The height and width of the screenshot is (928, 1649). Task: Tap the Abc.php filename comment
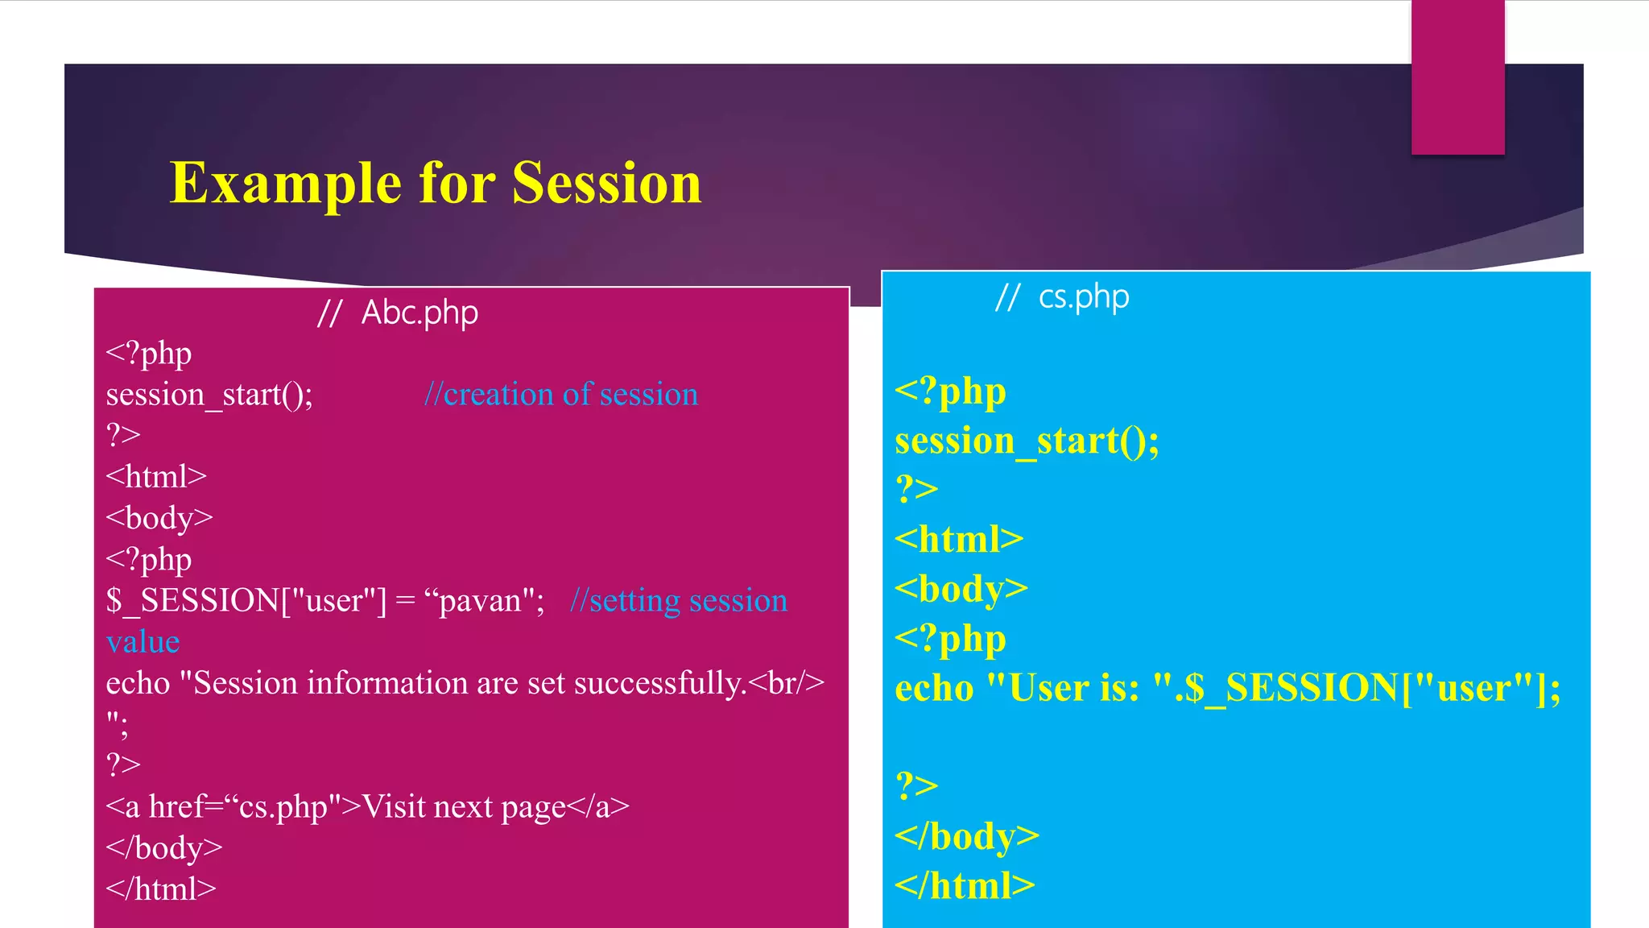(x=419, y=313)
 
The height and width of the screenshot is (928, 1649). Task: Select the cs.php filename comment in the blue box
(x=1083, y=297)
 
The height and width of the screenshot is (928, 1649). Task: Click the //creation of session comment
(x=561, y=395)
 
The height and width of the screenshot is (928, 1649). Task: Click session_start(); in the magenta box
(x=209, y=395)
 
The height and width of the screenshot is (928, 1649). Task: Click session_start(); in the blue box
(x=1027, y=441)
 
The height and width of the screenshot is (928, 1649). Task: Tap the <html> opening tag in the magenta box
(x=156, y=477)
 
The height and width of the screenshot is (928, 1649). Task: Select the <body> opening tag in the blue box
(x=961, y=589)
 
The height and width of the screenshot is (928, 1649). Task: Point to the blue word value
(x=143, y=642)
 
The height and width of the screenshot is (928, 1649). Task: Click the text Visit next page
(x=464, y=806)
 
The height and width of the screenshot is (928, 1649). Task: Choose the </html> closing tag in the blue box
(x=965, y=886)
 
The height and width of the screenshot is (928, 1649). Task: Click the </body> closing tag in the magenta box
(x=164, y=848)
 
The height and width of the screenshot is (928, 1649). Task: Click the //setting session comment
(x=679, y=601)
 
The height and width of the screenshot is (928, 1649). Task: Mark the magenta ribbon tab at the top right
(x=1457, y=77)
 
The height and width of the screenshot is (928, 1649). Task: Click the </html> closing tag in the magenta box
(x=161, y=889)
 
